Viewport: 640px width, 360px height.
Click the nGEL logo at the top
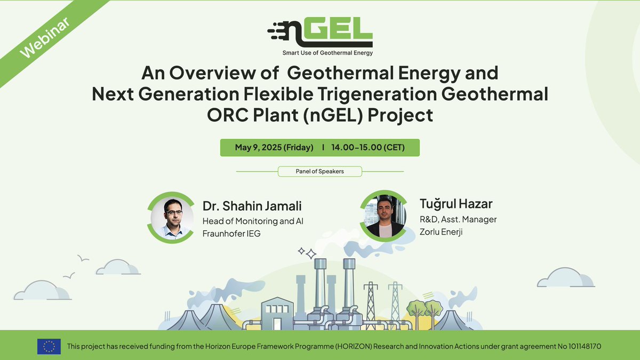pyautogui.click(x=320, y=33)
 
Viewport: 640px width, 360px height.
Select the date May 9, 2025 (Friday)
pyautogui.click(x=274, y=147)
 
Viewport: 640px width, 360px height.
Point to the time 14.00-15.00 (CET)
pyautogui.click(x=367, y=147)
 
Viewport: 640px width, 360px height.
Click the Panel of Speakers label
pyautogui.click(x=319, y=171)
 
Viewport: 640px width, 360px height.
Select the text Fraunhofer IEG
pyautogui.click(x=231, y=234)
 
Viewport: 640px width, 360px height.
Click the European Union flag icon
pyautogui.click(x=49, y=346)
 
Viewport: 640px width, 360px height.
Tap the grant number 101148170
pyautogui.click(x=580, y=346)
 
